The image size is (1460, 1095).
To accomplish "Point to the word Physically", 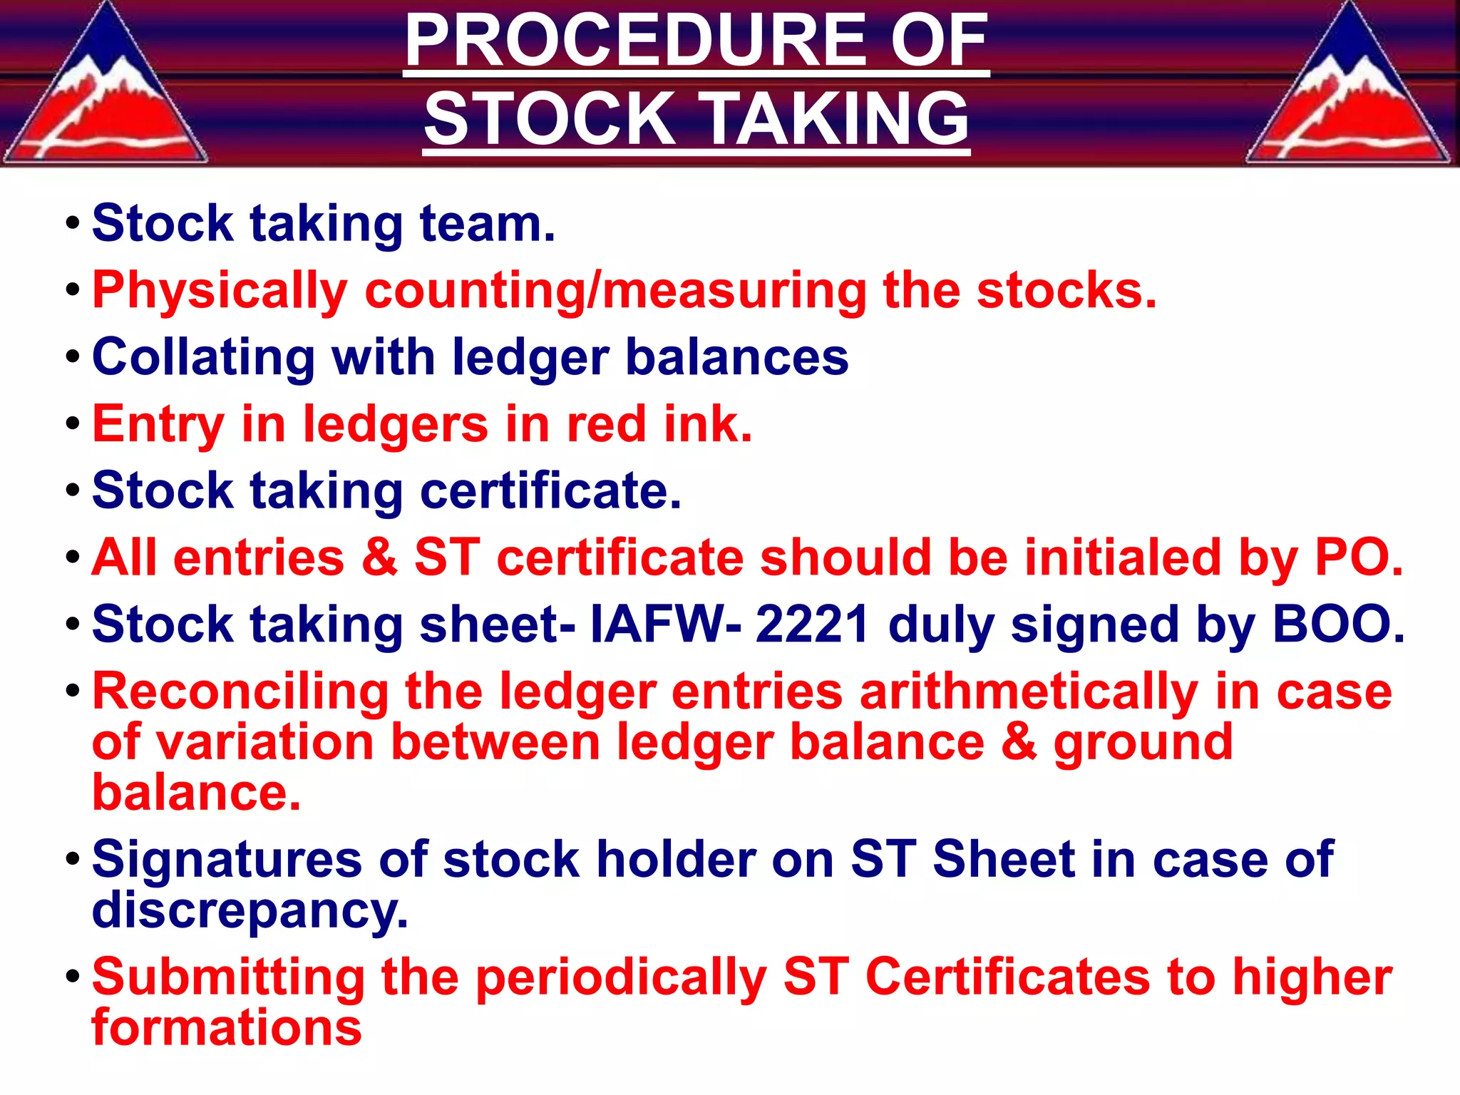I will pos(220,291).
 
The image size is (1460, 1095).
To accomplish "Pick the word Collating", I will pos(203,357).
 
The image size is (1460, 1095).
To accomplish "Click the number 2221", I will pos(812,624).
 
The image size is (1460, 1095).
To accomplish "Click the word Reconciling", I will pos(240,692).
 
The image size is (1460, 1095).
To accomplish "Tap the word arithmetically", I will pos(1029,692).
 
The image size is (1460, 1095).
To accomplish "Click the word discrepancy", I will pos(250,910).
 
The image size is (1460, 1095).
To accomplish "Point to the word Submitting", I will pos(228,977).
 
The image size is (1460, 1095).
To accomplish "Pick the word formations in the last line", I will pos(227,1028).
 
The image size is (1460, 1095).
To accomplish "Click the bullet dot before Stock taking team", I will pos(71,225).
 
